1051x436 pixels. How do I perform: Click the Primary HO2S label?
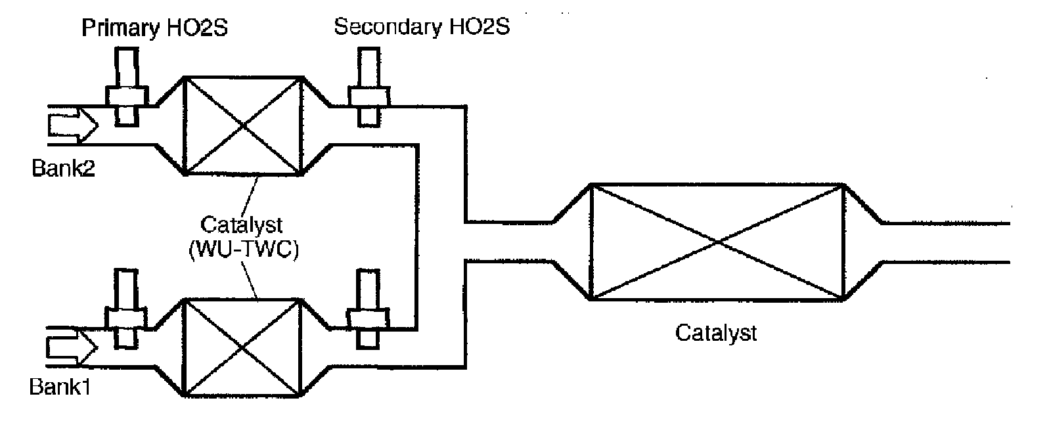pos(155,29)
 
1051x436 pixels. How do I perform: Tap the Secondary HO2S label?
pos(421,28)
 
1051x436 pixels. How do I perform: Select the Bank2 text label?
pos(64,169)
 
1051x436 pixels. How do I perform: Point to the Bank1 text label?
pos(60,387)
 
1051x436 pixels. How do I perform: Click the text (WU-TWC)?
pos(243,250)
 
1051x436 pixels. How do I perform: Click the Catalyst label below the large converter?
pos(716,333)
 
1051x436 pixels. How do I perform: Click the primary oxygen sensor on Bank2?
pos(127,85)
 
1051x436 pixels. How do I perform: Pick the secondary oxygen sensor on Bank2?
pos(368,85)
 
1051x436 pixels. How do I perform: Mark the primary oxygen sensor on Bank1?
pos(127,309)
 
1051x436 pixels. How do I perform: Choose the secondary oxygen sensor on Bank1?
pos(368,309)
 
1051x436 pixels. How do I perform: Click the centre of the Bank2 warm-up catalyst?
pos(242,125)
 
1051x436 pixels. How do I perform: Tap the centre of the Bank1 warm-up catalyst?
pos(242,347)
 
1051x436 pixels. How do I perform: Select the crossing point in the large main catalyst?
pos(717,243)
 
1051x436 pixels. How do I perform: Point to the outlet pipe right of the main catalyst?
pos(946,243)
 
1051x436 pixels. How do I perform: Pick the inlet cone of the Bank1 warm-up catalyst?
pos(168,347)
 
